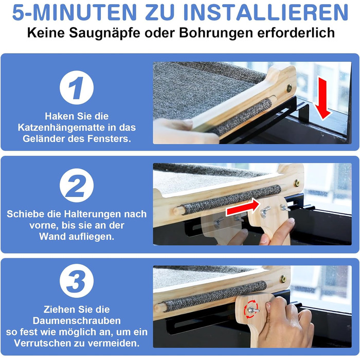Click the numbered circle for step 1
coord(77,87)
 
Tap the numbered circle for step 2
coord(77,185)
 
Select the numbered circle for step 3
coord(77,281)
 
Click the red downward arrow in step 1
coord(322,98)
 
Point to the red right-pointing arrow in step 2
coord(243,207)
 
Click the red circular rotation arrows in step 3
coord(251,309)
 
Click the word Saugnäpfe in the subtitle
coord(105,33)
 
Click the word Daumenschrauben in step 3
coord(77,321)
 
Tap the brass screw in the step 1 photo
coord(289,88)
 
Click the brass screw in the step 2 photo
coord(297,183)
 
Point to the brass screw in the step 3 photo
coord(283,279)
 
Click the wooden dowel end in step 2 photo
coord(178,211)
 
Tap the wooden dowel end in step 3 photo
coord(159,308)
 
